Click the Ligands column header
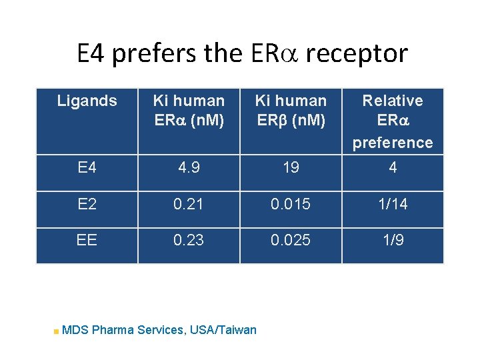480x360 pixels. point(87,101)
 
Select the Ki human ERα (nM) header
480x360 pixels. point(189,111)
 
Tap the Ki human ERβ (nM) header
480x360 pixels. point(291,111)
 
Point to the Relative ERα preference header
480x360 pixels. point(393,121)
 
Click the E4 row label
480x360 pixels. point(87,167)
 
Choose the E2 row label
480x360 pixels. point(87,204)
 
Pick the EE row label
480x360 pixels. point(87,240)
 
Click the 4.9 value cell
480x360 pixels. point(189,167)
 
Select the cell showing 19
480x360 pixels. point(291,167)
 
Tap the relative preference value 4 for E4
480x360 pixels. point(393,167)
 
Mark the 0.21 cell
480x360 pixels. point(189,204)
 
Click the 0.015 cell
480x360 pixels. point(291,204)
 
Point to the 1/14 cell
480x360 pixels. point(393,204)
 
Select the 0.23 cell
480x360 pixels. point(189,240)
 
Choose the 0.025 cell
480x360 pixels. point(291,240)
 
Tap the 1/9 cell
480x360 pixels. point(393,240)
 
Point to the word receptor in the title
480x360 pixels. point(365,53)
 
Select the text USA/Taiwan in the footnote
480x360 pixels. point(223,329)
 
